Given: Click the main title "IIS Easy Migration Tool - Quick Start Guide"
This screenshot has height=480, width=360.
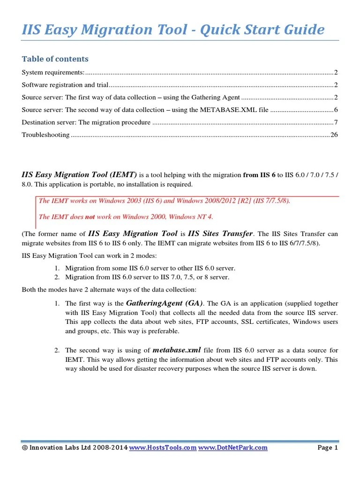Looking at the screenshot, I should tap(173, 30).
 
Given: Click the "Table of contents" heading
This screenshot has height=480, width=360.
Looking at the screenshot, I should tap(55, 59).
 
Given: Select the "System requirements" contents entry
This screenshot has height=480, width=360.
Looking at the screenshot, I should tap(53, 72).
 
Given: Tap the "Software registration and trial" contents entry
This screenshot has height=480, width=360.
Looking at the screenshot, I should tap(65, 85).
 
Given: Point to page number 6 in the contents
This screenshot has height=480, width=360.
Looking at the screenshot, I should tap(336, 110).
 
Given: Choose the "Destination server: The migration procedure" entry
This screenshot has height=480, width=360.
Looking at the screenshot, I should tap(86, 122).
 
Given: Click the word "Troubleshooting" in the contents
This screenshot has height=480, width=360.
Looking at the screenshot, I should tap(45, 135).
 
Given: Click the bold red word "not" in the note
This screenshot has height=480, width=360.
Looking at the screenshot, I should tap(90, 217).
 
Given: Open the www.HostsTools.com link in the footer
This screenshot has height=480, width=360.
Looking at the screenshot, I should tap(162, 448).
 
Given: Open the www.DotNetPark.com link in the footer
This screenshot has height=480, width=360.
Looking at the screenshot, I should tap(232, 448).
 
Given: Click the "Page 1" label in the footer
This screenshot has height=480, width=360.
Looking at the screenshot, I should tap(328, 448).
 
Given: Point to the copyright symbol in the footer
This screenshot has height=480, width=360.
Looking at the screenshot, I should tap(24, 448).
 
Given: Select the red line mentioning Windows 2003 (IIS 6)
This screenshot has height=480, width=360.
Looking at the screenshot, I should tap(164, 201).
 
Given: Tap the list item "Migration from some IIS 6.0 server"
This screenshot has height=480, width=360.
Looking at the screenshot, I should tap(150, 268).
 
